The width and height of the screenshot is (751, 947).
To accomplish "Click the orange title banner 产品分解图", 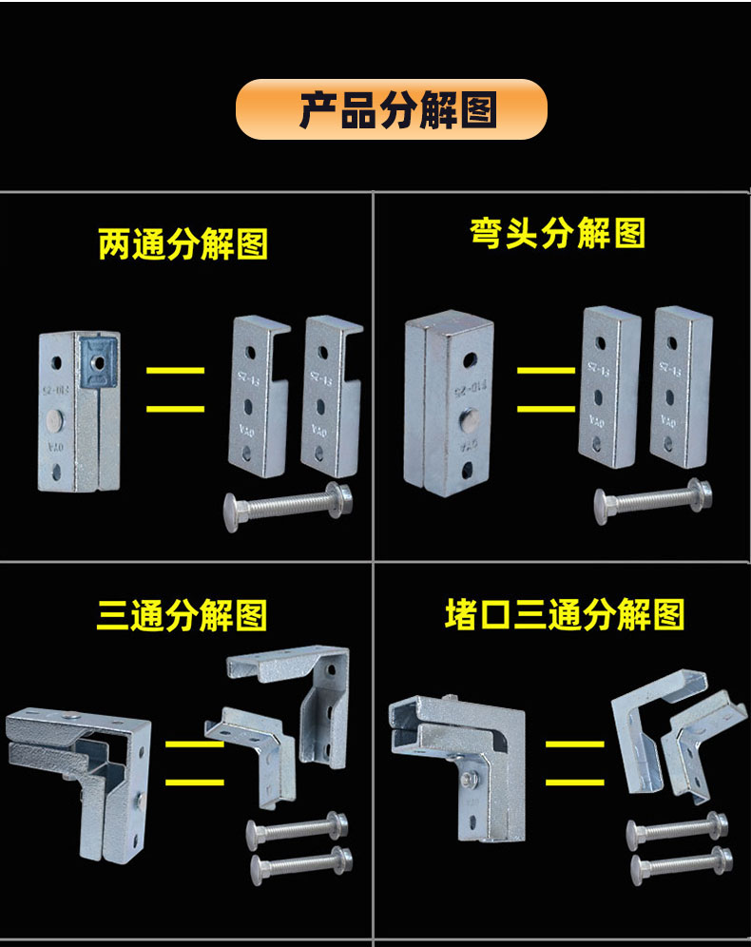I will tap(391, 109).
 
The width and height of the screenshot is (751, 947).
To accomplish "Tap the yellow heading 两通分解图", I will tap(183, 244).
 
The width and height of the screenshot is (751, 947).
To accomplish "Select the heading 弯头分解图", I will tap(558, 233).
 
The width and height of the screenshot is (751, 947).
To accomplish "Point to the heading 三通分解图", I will tap(183, 616).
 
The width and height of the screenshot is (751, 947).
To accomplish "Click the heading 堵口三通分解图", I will tap(565, 615).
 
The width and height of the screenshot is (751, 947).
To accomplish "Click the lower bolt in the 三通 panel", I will tap(300, 865).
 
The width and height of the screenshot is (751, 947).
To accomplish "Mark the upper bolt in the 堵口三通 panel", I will tap(677, 829).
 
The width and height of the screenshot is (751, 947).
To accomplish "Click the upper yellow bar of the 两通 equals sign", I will tap(175, 370).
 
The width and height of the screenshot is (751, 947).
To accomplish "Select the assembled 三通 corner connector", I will tap(81, 770).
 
